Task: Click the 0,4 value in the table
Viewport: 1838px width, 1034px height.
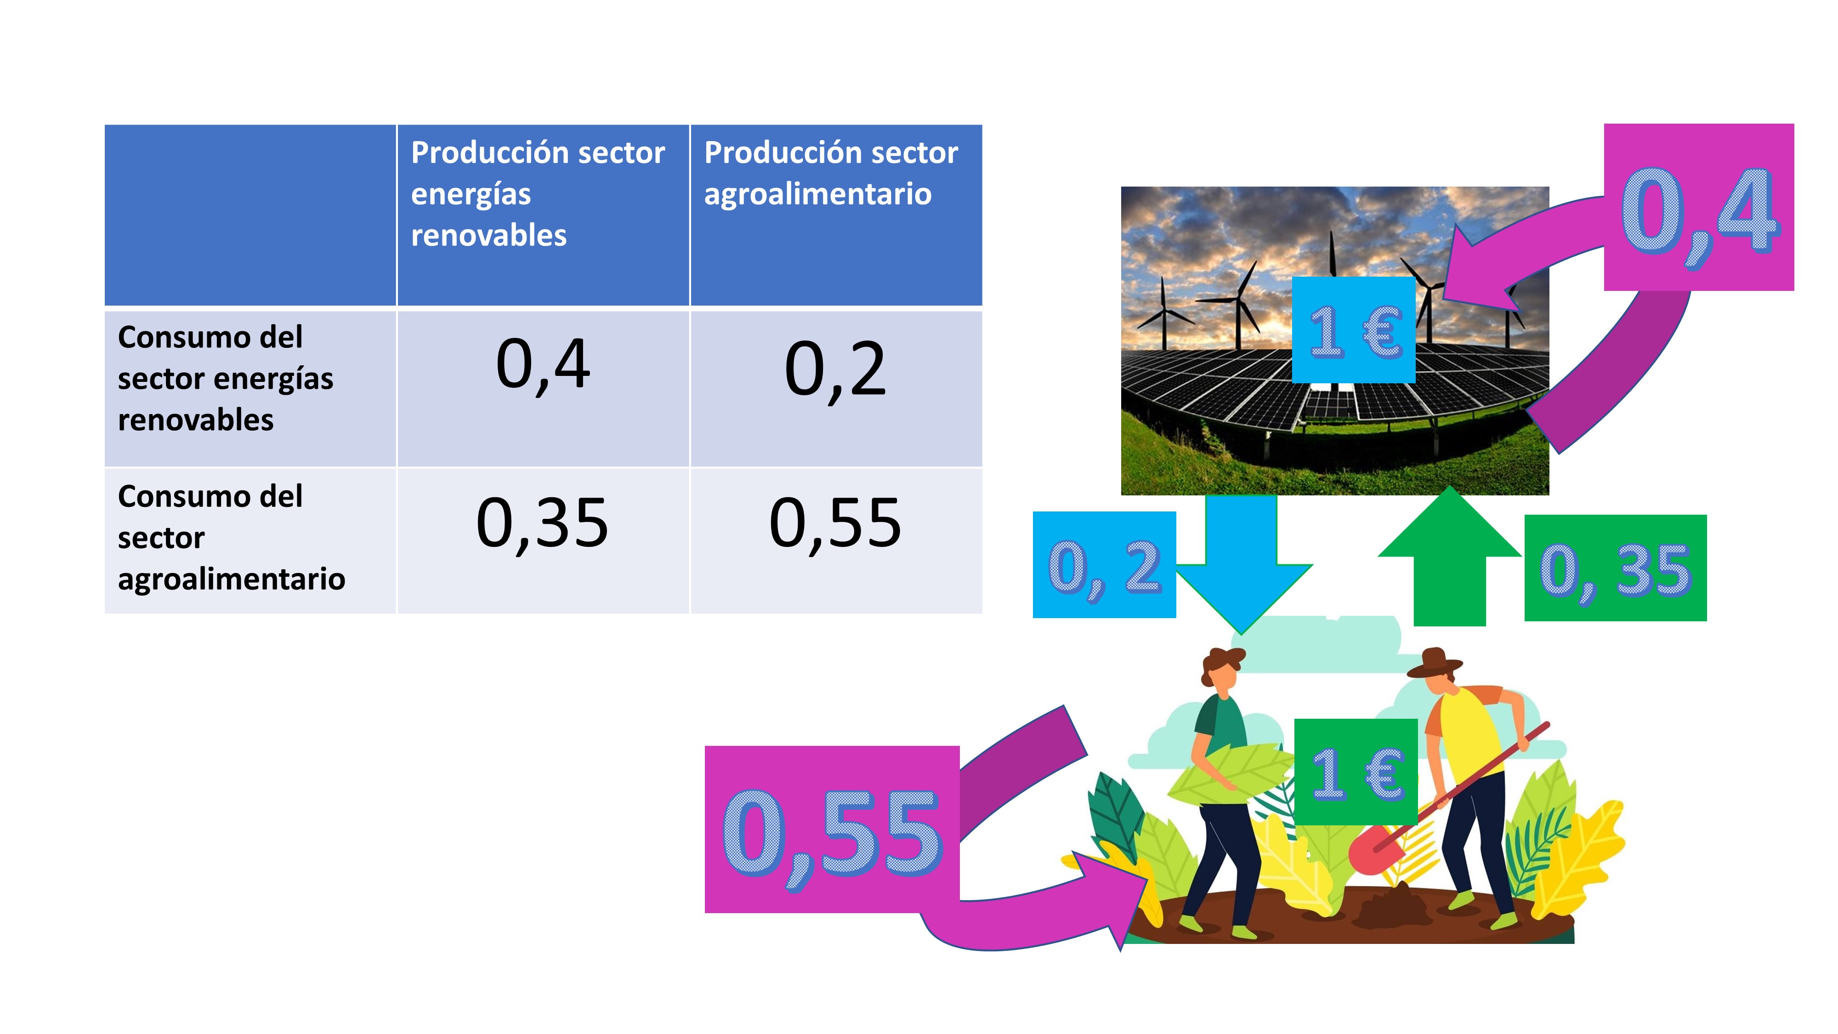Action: pos(543,365)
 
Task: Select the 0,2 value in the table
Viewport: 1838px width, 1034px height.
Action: pos(835,369)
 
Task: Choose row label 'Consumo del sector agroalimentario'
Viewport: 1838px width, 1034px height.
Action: pos(231,537)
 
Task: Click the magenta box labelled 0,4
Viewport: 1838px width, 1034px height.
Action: pos(1699,207)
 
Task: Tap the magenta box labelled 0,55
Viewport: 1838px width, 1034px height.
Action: pos(832,829)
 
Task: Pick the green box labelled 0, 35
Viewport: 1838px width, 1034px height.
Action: pos(1616,568)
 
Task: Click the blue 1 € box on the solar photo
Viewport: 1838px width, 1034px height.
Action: pos(1354,330)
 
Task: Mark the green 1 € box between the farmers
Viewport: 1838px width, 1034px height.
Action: pos(1356,772)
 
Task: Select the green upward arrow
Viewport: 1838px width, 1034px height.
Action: pos(1450,557)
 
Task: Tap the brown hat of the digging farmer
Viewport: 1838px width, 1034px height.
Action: pos(1434,663)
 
